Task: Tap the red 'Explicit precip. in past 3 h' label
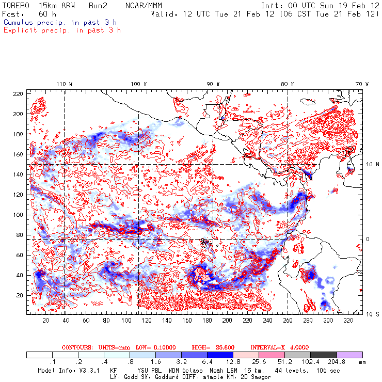pos(62,30)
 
